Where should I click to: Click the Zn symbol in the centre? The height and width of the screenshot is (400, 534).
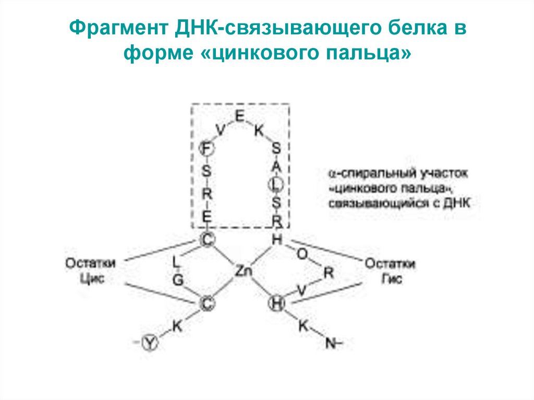coord(243,271)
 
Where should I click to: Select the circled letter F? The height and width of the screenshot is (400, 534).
coord(207,149)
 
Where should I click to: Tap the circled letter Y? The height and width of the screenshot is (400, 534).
coord(151,342)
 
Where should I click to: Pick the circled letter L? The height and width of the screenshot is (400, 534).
coord(276,183)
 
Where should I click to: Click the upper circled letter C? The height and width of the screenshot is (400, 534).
coord(207,239)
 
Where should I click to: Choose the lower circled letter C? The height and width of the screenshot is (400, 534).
coord(207,303)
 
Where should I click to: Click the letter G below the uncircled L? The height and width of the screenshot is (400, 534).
coord(178,280)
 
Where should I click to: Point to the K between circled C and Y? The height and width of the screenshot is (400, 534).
coord(178,326)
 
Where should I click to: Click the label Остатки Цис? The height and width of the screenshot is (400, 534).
coord(90,271)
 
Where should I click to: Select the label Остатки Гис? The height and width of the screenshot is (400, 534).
coord(390,271)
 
